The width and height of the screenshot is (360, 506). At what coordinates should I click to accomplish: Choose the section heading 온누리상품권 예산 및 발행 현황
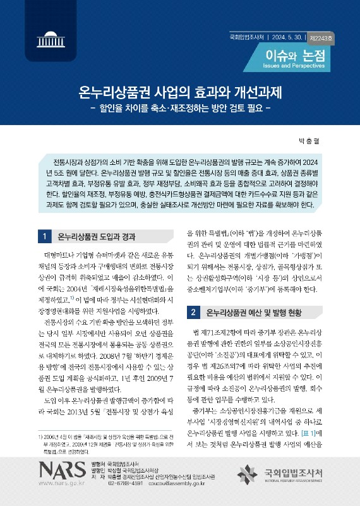[256, 312]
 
